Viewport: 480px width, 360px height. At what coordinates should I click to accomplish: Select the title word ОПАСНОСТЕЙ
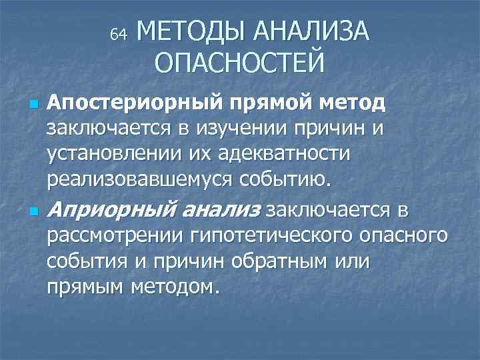[x=240, y=63]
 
